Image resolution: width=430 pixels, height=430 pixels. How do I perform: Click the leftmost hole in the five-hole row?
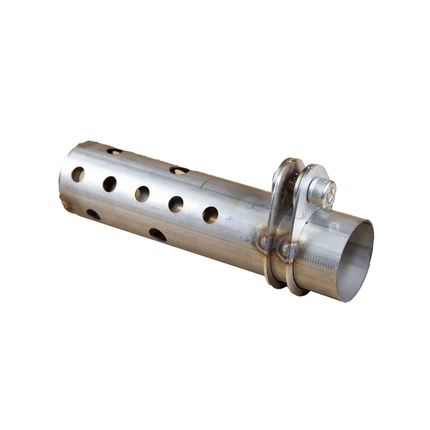coord(78,174)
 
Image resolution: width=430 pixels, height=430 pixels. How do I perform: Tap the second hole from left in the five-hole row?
coord(110,184)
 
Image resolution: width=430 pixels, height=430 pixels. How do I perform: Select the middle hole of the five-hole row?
coord(142,194)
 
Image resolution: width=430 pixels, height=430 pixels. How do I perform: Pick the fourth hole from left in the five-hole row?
coord(176,204)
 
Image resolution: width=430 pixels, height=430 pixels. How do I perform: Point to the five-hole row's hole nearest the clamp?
coord(210,215)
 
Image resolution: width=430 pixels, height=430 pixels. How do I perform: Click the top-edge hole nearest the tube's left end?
coord(114,151)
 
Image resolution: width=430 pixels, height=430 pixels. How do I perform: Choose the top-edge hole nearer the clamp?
coord(179,170)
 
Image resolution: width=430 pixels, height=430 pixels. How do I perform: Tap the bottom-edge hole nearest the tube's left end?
coord(93,215)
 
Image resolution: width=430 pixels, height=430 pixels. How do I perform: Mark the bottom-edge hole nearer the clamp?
coord(157,234)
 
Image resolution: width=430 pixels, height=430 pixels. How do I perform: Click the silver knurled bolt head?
coord(321,193)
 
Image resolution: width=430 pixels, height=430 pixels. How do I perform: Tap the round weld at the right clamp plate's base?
coord(285,249)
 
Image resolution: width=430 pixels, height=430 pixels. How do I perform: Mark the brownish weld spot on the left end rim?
coord(64,205)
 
